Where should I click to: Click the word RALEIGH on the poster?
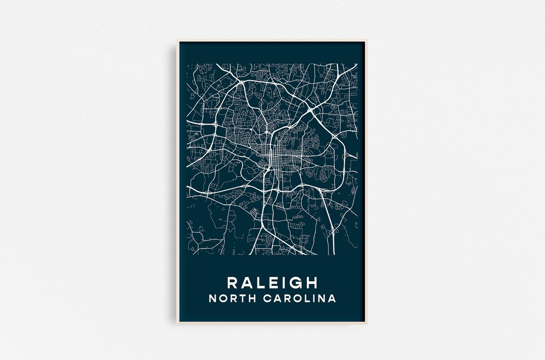(x=272, y=282)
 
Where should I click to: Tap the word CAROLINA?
(x=300, y=298)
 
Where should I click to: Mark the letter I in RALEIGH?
(x=284, y=282)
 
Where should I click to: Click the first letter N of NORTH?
(x=212, y=298)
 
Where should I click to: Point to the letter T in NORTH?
(x=243, y=298)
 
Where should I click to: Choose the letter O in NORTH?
(x=223, y=298)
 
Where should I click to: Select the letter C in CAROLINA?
(x=268, y=298)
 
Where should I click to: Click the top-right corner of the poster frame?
(x=367, y=41)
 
